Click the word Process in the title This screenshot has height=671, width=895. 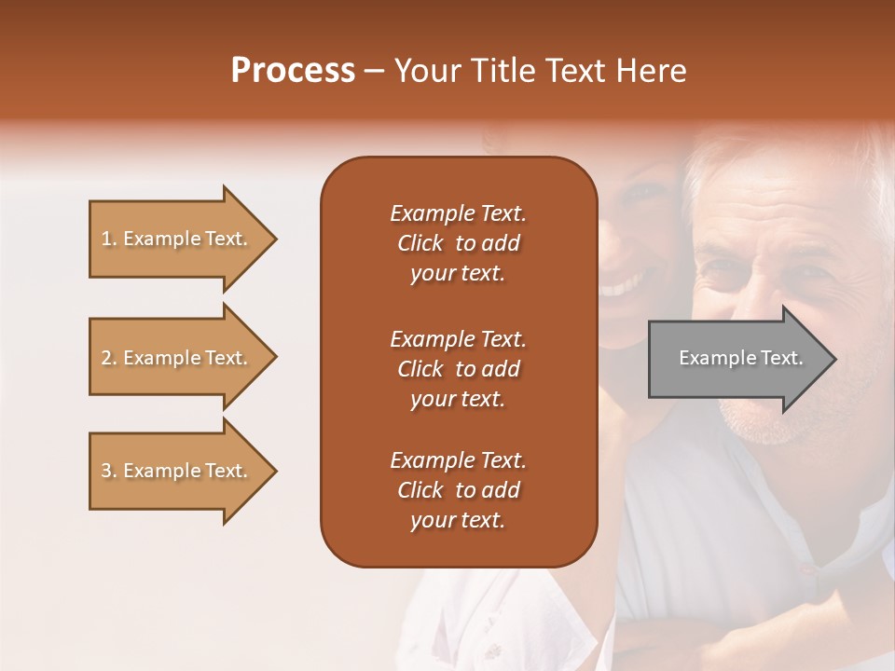293,71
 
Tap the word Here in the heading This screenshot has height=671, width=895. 651,71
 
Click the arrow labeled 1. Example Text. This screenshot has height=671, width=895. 184,239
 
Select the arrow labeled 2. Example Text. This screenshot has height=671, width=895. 184,357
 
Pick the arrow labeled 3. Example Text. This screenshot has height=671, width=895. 184,471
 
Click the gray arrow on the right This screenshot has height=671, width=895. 743,359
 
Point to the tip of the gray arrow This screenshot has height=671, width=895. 837,359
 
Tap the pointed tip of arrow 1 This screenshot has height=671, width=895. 278,239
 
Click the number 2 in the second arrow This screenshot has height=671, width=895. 106,358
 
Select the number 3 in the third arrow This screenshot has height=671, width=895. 106,471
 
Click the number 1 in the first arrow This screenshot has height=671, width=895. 106,239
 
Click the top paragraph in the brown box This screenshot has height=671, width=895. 459,243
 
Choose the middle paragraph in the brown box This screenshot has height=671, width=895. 459,369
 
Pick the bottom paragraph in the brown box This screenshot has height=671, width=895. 459,489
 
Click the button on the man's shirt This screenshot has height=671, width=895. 806,568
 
